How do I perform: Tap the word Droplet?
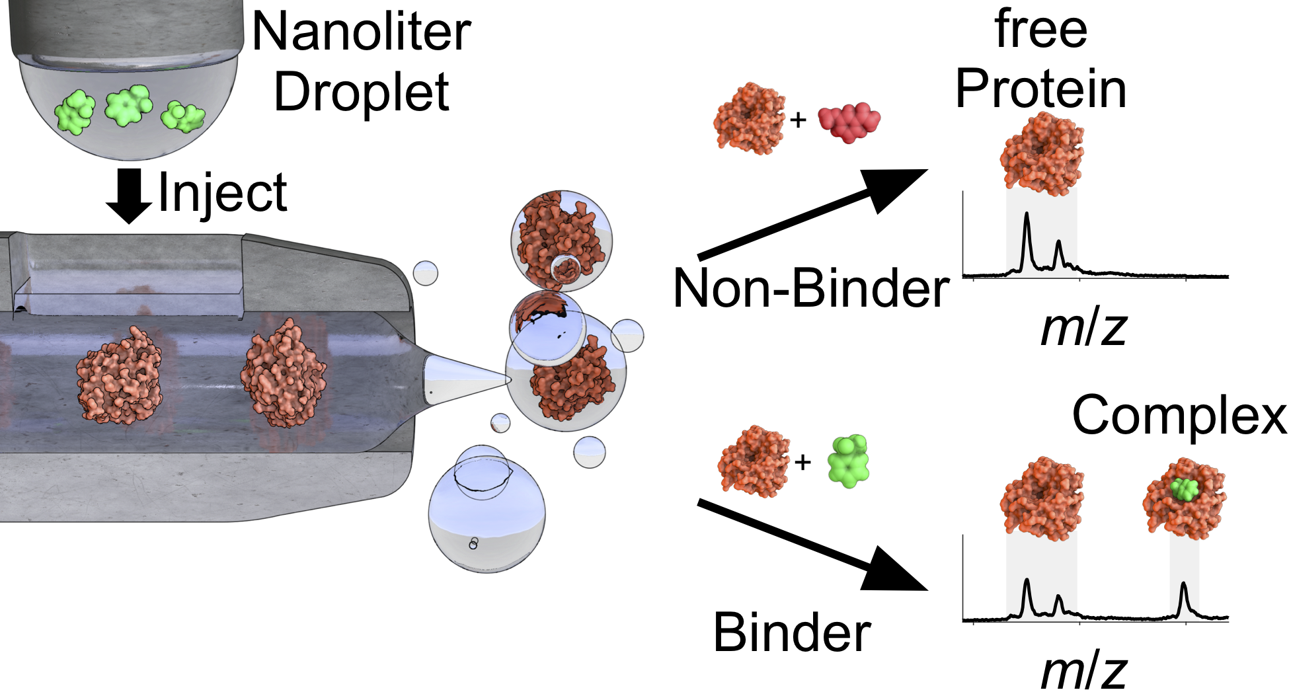(361, 93)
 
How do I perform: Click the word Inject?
(223, 192)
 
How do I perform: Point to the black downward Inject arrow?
(129, 196)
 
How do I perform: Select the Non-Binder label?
(810, 289)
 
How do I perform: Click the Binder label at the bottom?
(792, 633)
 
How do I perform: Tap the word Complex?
(1179, 415)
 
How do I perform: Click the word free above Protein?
(1040, 29)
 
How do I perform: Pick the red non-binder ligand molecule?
(849, 122)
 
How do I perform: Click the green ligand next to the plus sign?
(849, 461)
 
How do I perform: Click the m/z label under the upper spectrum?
(1083, 328)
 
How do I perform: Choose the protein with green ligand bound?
(1184, 499)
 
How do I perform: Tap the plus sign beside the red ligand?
(799, 120)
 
